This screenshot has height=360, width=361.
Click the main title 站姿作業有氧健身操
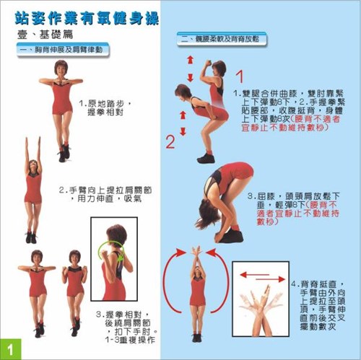91,15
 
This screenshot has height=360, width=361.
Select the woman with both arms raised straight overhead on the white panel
32,188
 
